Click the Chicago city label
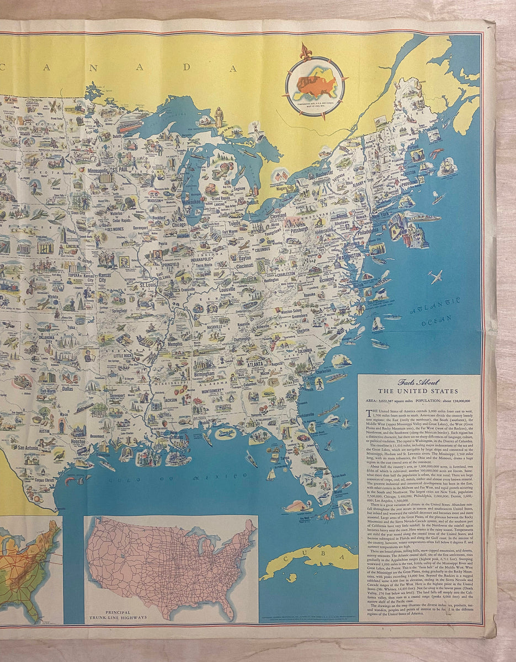(x=179, y=225)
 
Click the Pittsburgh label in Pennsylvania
(x=295, y=228)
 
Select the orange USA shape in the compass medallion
(x=316, y=86)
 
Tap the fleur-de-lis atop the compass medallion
(x=306, y=52)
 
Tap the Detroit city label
(x=252, y=202)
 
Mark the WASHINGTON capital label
(x=348, y=257)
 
